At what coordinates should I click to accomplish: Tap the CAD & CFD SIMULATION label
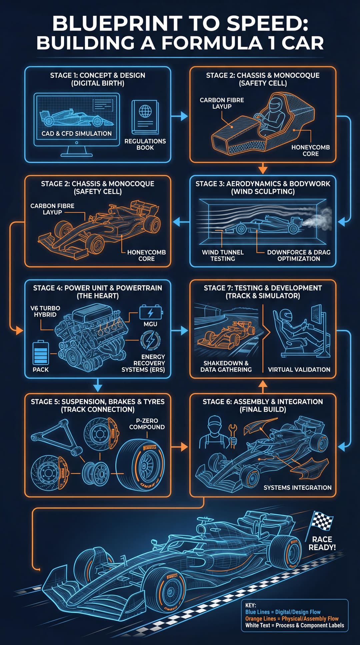click(77, 133)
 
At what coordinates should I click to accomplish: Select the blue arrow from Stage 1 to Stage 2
click(180, 116)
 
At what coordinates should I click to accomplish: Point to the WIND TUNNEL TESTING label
click(223, 255)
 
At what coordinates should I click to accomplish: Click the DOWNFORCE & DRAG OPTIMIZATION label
click(298, 255)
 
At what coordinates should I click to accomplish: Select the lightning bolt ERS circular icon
click(150, 341)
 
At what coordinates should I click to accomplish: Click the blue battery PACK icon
click(41, 353)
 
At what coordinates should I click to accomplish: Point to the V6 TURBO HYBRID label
click(45, 311)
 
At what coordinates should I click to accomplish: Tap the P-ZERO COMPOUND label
click(147, 424)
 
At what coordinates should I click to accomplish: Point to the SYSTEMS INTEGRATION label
click(297, 487)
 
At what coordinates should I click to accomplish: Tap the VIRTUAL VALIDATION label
click(299, 369)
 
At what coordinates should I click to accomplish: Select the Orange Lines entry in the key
click(292, 618)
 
